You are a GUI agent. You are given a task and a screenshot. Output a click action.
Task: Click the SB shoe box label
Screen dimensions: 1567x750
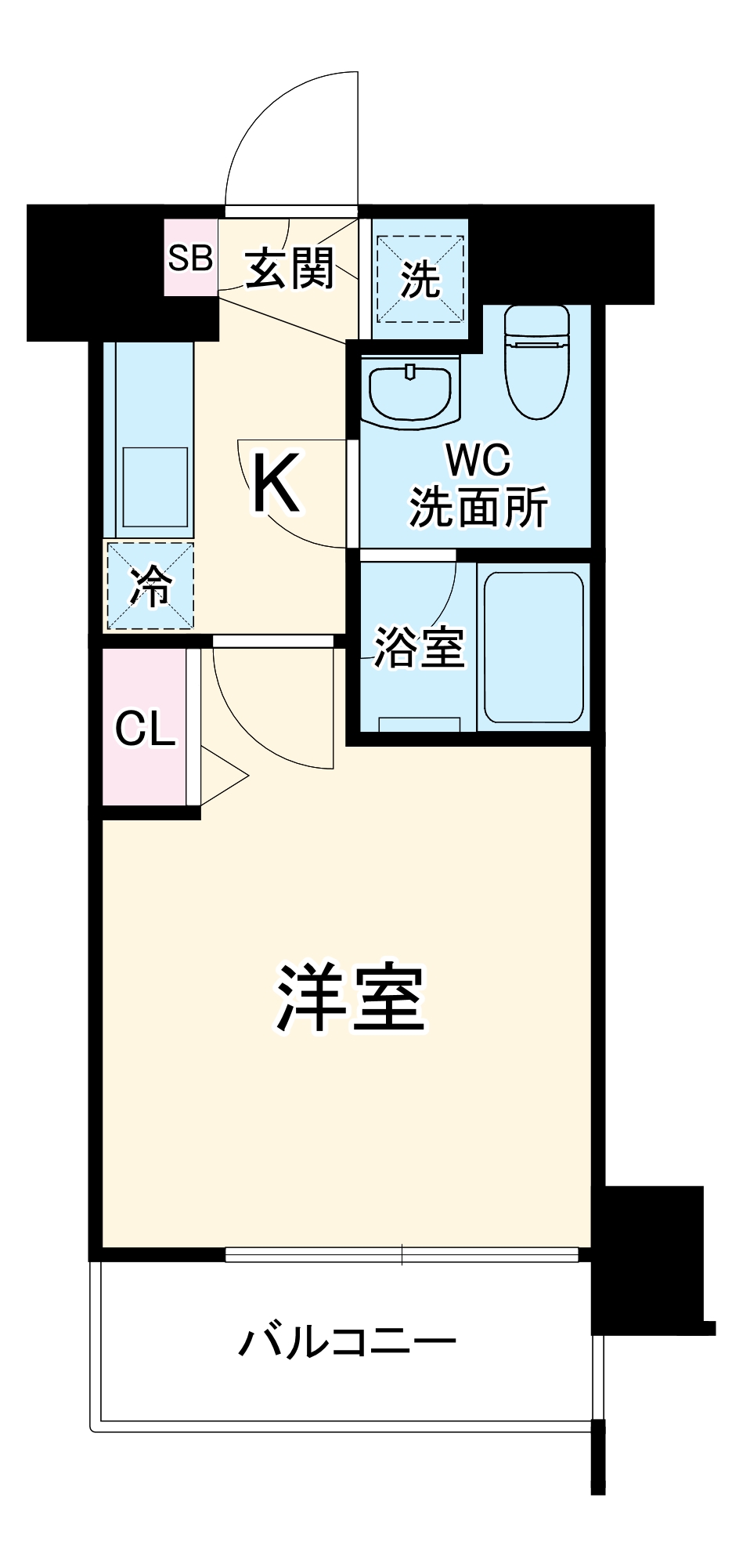191,257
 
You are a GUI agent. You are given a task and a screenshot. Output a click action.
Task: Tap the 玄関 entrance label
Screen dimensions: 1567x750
290,268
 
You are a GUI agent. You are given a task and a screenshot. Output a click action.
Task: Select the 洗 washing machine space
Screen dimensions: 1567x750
420,278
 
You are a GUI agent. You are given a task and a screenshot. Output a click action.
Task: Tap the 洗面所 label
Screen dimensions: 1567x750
478,508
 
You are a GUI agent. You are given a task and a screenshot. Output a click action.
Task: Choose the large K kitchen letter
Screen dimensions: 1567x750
276,486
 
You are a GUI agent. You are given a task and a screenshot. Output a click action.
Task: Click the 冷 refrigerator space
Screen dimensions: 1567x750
150,584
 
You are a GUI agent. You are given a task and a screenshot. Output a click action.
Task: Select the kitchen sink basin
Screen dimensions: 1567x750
155,487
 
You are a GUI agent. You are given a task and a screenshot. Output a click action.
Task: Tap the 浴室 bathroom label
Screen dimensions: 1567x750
419,647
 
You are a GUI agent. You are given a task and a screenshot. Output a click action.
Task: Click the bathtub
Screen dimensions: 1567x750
533,646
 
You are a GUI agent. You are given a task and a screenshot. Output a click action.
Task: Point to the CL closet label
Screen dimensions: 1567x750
145,729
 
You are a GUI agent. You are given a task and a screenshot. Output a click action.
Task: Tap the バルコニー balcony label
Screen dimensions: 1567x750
347,1342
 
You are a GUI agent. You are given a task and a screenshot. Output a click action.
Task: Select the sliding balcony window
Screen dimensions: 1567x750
402,1254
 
